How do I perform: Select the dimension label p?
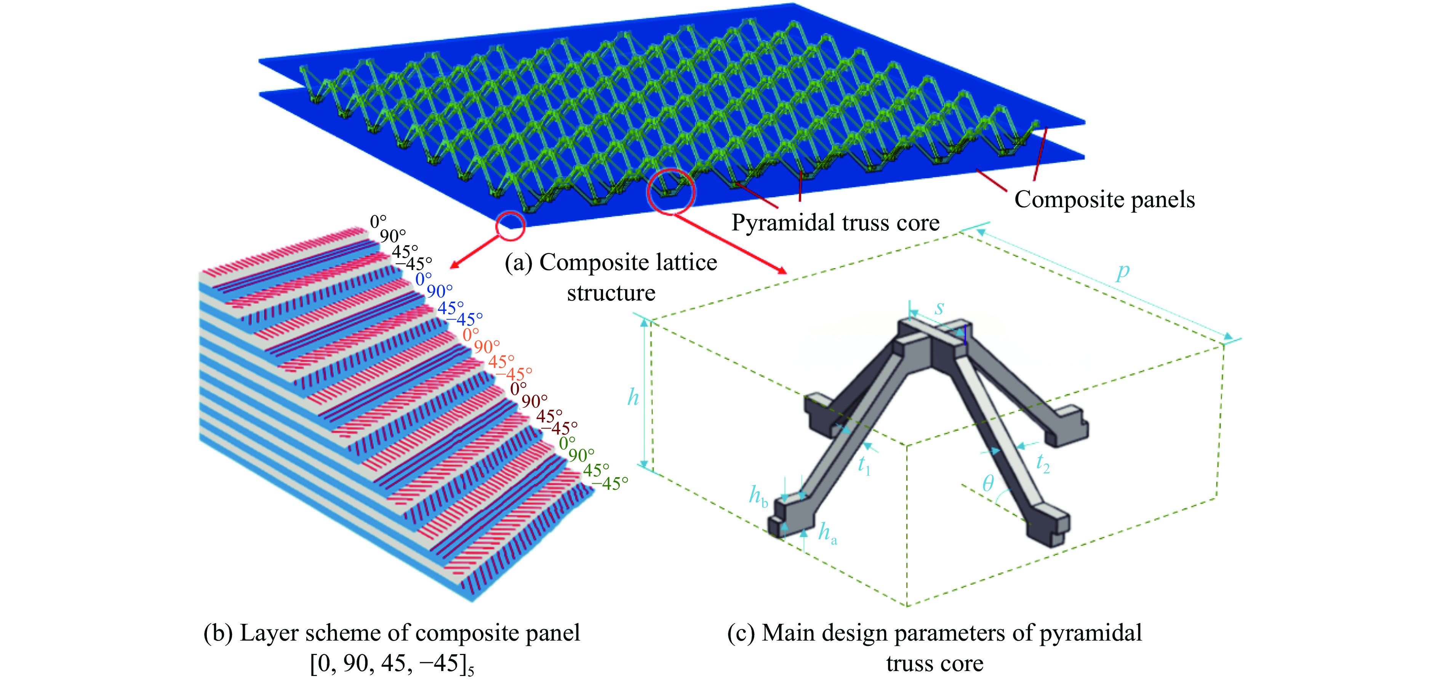coord(1123,272)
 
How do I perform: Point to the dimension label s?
coord(940,307)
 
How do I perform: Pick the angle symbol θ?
coord(988,483)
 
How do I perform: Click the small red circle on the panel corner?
coord(510,226)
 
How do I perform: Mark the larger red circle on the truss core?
coord(671,190)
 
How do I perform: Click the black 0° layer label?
coord(378,222)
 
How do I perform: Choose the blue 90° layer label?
coord(439,291)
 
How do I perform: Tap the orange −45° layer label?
coord(514,373)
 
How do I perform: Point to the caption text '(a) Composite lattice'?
coord(610,262)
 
